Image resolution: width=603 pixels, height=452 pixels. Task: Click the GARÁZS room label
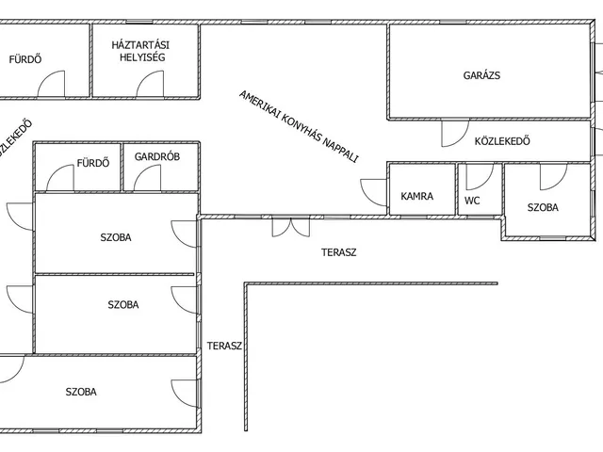[481, 75]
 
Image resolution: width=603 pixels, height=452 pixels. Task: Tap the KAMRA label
[416, 196]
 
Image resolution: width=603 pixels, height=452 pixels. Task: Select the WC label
[472, 201]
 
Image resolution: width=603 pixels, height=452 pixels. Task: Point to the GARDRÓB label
[157, 156]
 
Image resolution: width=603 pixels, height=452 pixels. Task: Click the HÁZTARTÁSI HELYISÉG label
[140, 51]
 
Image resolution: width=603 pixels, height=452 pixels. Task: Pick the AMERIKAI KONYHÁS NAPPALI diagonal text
[299, 126]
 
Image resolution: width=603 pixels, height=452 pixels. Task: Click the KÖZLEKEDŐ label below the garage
[502, 141]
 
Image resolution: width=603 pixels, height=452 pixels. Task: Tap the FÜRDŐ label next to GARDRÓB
[93, 163]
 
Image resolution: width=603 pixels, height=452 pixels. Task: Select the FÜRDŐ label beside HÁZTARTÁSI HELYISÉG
[25, 59]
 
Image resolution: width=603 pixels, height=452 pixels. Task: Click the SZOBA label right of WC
[543, 207]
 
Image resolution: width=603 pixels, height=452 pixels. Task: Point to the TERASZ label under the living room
[339, 252]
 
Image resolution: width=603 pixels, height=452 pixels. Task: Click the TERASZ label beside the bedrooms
[224, 346]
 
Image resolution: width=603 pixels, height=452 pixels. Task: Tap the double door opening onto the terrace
[291, 228]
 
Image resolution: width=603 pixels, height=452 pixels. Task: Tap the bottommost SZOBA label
[81, 392]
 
